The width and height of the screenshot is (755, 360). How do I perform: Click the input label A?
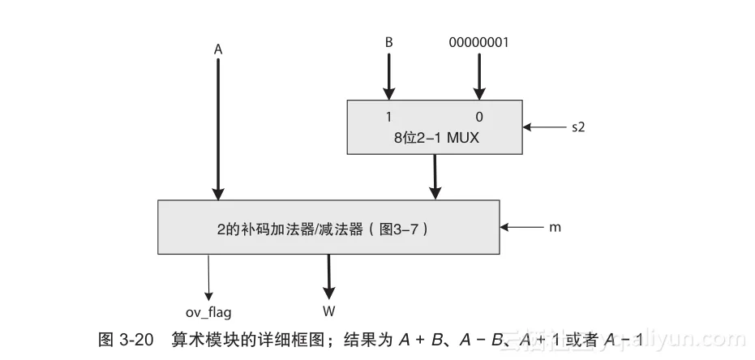coord(218,49)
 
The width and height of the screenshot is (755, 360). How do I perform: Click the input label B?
coord(388,42)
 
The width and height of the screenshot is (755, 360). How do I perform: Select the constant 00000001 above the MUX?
coord(478,42)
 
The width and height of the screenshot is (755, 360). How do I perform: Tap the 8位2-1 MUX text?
coord(436,138)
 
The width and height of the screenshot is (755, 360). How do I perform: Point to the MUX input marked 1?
coord(388,116)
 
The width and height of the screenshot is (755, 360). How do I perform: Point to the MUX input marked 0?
coord(479,116)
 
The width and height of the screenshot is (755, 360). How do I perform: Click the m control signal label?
coord(555,228)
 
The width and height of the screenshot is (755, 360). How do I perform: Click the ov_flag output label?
coord(209,311)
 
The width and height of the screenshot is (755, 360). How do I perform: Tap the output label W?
coord(328,311)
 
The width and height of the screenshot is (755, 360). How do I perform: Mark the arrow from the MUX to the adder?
coord(435,176)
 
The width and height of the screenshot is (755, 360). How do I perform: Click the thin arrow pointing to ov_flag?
coord(209,276)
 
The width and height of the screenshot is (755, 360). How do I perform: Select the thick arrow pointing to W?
coord(328,276)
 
